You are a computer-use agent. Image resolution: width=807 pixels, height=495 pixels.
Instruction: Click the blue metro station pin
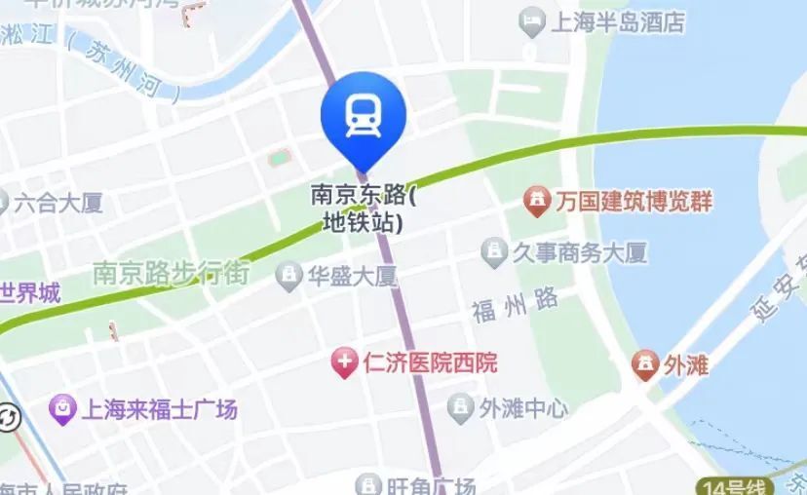[363, 115]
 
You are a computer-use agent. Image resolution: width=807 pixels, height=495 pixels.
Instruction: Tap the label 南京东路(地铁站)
[363, 208]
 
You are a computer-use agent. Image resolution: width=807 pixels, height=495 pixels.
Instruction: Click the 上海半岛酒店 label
[618, 22]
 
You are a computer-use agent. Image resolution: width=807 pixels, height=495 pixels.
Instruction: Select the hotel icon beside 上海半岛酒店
[532, 21]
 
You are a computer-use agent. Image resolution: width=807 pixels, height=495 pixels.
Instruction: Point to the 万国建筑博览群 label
[634, 203]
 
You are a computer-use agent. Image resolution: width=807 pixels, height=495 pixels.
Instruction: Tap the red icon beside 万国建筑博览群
[535, 203]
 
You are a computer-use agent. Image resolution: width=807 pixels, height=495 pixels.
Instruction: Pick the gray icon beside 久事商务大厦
[493, 253]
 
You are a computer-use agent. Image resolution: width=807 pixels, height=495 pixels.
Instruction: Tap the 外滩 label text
[686, 365]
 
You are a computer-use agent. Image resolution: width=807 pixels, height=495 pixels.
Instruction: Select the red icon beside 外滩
[644, 365]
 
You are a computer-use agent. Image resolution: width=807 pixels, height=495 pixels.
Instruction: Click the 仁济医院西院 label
[430, 363]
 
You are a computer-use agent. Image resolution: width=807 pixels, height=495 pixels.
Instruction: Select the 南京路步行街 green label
[172, 273]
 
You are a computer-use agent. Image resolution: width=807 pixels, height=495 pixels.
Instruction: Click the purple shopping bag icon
[63, 409]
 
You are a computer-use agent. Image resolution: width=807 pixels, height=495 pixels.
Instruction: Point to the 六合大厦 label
[59, 204]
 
